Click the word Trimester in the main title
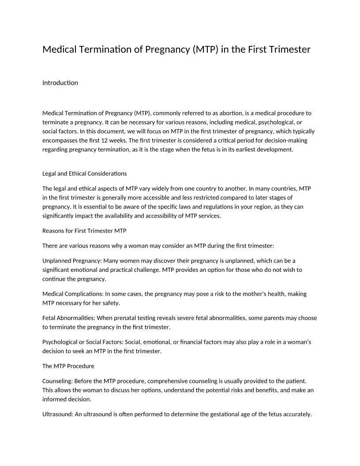click(x=289, y=49)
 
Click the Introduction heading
click(x=60, y=83)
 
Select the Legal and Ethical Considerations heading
click(x=84, y=173)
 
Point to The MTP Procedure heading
click(x=68, y=366)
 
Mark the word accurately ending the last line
click(x=298, y=414)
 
